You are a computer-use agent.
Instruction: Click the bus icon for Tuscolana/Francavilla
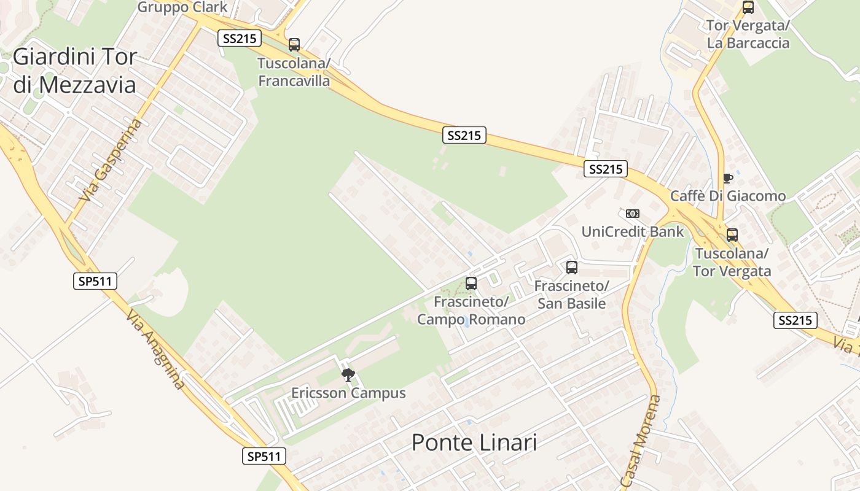(x=294, y=44)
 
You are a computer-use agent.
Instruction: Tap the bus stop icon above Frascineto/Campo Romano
(x=471, y=284)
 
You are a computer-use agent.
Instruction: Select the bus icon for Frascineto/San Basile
(x=572, y=268)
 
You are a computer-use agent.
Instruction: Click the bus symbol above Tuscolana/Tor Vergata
(x=732, y=235)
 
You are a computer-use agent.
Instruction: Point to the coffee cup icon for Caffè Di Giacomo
(x=728, y=178)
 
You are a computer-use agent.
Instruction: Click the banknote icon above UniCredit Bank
(x=633, y=214)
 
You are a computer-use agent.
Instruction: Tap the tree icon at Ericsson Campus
(x=348, y=375)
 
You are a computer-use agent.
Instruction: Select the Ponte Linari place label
(x=474, y=442)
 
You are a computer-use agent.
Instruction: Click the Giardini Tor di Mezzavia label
(x=74, y=71)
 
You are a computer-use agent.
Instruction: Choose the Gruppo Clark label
(x=182, y=7)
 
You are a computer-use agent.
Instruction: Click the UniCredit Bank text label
(x=633, y=231)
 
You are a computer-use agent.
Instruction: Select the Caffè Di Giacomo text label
(x=728, y=196)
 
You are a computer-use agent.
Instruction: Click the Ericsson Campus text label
(x=348, y=393)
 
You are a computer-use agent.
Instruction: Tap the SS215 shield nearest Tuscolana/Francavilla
(x=240, y=39)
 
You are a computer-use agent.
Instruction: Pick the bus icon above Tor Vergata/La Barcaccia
(x=748, y=8)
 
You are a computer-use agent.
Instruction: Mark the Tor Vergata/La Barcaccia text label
(x=748, y=34)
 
